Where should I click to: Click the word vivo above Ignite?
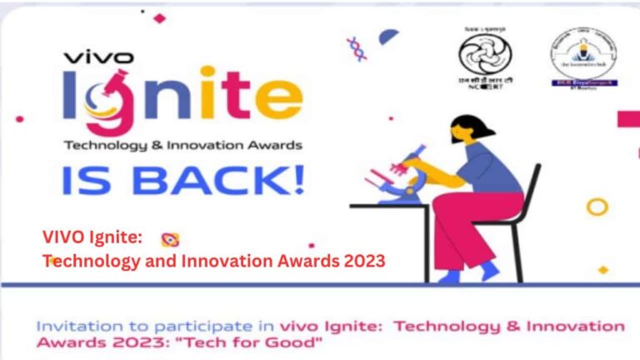point(99,57)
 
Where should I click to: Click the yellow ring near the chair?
point(597,206)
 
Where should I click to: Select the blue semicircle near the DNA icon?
point(388,37)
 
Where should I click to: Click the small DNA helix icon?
point(357,48)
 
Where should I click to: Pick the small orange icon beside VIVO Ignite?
point(170,240)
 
